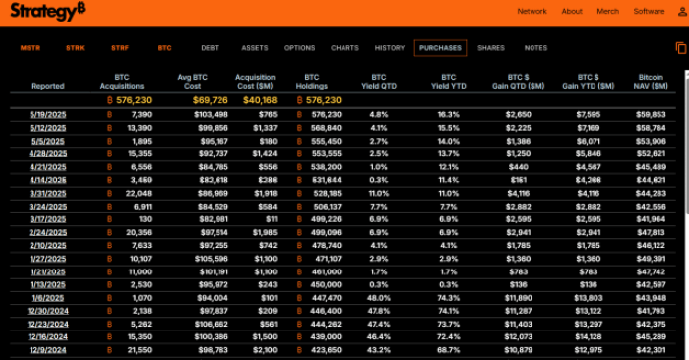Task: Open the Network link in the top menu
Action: coord(532,12)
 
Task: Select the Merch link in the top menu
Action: coord(607,12)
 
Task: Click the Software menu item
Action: coord(649,12)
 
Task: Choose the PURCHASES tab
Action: coord(440,48)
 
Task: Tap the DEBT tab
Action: coord(210,48)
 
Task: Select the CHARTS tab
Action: coord(344,48)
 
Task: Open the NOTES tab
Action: coord(535,48)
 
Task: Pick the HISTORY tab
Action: coord(390,48)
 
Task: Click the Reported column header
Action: coord(48,86)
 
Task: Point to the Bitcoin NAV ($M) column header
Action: coord(651,81)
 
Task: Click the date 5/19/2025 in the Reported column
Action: coord(47,114)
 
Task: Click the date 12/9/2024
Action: coord(47,349)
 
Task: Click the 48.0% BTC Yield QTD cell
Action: coord(379,297)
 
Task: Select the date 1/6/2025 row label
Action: coord(47,297)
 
